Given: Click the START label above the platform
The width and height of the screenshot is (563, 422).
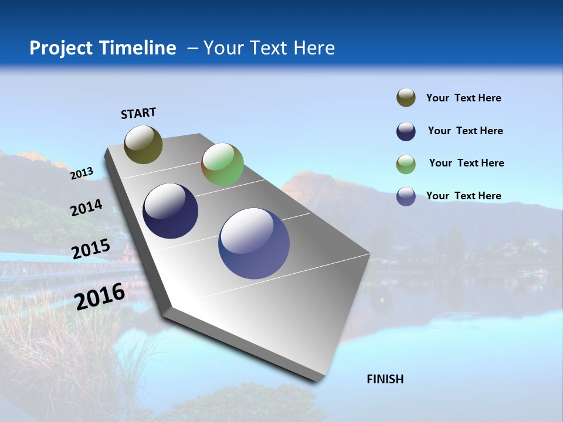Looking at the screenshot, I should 138,113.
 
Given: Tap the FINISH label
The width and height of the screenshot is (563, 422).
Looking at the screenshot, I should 385,379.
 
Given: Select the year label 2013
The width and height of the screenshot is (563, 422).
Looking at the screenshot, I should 82,173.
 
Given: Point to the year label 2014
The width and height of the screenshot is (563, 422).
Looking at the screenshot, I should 86,208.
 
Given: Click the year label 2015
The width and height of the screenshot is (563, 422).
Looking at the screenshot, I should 90,249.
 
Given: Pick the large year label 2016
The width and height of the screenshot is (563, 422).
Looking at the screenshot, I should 100,296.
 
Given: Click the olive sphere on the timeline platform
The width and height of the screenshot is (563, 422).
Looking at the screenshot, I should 143,144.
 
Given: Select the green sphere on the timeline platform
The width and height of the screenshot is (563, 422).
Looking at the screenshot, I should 222,164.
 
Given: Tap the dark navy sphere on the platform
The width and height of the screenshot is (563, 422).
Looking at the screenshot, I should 170,211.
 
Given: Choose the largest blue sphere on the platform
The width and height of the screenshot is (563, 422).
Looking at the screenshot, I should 254,243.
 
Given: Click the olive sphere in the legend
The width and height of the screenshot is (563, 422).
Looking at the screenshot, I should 406,98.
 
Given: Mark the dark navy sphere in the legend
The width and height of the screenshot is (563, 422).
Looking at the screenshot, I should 406,131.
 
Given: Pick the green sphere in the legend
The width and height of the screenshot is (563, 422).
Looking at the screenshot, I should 406,164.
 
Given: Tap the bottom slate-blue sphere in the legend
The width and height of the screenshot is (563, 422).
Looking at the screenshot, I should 406,196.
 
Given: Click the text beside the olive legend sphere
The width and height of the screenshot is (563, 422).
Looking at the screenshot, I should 463,98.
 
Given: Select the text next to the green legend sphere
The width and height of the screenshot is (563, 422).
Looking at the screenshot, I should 466,163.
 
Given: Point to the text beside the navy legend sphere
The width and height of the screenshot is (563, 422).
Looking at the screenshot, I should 465,131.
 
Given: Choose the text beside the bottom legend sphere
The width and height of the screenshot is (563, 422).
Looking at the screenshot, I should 463,196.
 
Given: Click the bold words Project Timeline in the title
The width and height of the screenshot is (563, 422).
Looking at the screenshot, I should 103,48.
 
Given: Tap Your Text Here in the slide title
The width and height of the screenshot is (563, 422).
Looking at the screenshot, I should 269,48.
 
